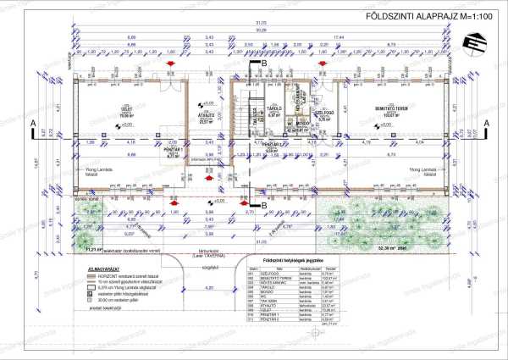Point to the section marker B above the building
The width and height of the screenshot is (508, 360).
click(x=263, y=63)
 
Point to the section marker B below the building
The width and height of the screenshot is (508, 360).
click(x=263, y=205)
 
